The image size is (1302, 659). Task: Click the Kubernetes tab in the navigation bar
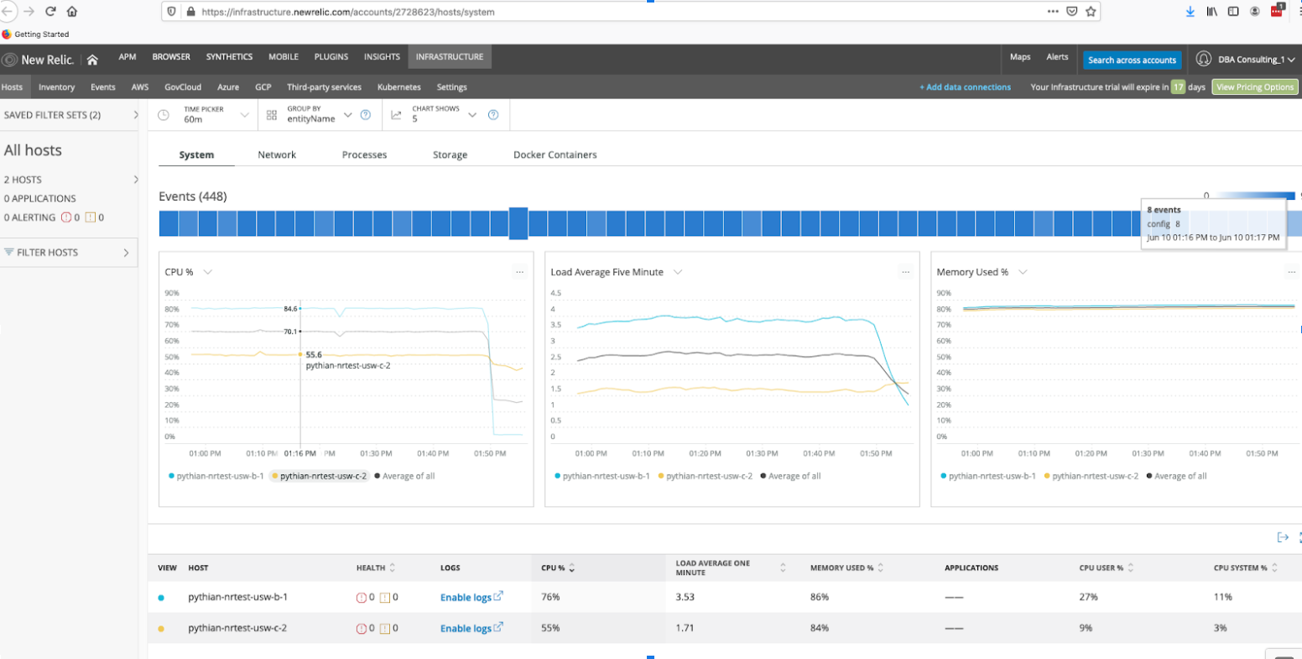398,87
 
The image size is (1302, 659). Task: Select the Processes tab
364,155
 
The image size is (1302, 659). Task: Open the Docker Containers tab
555,155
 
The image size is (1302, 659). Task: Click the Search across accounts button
1132,60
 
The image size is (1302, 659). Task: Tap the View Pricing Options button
1254,87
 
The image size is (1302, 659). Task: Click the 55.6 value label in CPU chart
314,355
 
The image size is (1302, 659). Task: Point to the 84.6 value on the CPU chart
290,309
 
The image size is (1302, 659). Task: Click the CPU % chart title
179,272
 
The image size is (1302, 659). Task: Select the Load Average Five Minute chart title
607,272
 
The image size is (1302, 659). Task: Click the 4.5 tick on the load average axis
555,293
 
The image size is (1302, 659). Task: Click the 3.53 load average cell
685,597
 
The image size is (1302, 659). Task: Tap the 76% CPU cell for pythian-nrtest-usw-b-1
550,597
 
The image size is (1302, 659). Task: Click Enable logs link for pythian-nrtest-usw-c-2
466,628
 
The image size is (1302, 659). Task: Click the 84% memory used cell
819,628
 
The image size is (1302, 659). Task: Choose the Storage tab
450,155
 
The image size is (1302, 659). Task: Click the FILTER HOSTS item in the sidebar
48,253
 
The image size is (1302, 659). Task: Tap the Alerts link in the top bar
1057,57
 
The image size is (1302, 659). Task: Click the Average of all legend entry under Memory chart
1180,476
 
